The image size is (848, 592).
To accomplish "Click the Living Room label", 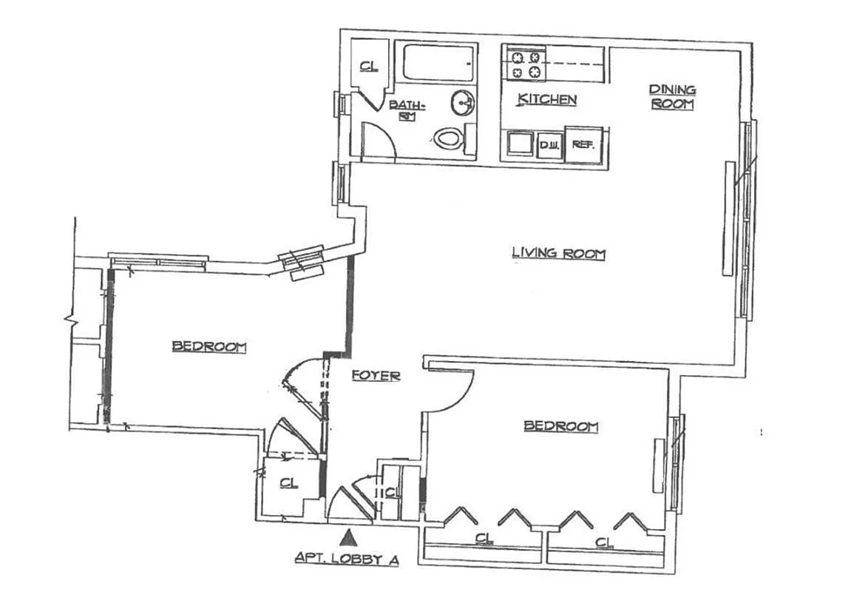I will (x=558, y=254).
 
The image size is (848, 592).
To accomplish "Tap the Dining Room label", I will (x=672, y=97).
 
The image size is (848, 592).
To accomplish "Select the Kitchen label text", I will (x=546, y=99).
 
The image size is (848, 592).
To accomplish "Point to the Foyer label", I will (x=376, y=375).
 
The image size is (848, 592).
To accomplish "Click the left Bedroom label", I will (x=209, y=346).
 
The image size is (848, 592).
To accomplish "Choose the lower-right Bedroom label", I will (x=560, y=426).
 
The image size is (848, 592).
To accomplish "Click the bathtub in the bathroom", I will (x=438, y=62).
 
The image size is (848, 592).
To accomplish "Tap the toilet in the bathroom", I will (x=449, y=137).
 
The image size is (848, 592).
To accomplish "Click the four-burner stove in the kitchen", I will (x=523, y=64).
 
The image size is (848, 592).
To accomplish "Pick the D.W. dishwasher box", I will (x=549, y=145).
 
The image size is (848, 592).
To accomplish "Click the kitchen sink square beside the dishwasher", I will (x=520, y=144).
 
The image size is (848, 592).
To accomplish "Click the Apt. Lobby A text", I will (x=347, y=559).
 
